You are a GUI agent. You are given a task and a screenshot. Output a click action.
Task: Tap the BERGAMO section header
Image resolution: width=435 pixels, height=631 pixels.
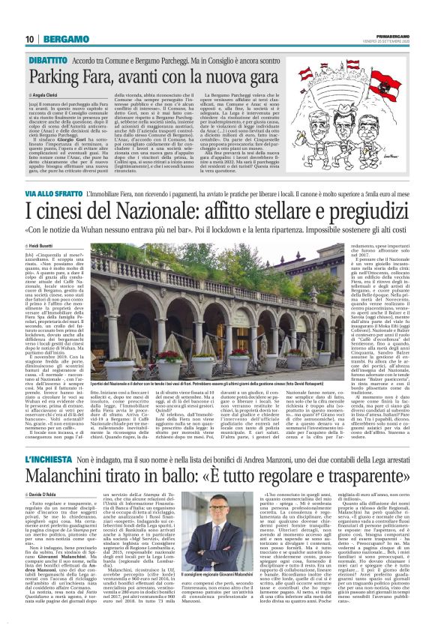click(66, 39)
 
